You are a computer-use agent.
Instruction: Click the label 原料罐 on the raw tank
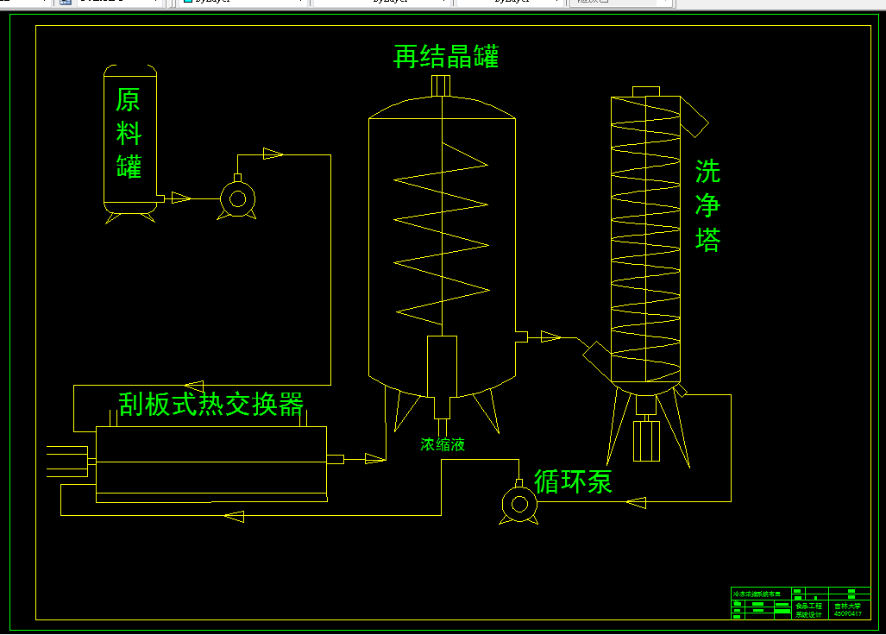(x=129, y=133)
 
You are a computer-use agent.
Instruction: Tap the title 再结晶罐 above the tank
(x=446, y=57)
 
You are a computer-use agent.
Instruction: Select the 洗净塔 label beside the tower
(x=707, y=205)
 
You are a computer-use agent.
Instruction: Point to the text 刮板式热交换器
(x=211, y=404)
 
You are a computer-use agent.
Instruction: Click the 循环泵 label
(x=573, y=481)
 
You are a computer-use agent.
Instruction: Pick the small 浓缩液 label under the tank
(x=443, y=445)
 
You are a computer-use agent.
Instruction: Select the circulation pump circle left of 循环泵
(x=519, y=504)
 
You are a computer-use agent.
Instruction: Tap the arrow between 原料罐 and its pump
(x=180, y=198)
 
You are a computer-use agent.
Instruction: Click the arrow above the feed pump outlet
(x=273, y=154)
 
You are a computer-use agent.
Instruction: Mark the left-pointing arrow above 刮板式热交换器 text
(x=194, y=386)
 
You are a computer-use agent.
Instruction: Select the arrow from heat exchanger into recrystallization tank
(x=374, y=458)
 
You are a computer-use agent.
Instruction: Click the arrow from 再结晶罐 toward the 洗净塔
(x=550, y=336)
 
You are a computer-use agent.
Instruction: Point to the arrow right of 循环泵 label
(x=637, y=502)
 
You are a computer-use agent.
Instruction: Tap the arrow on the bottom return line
(x=234, y=516)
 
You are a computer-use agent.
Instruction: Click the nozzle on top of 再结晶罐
(x=441, y=85)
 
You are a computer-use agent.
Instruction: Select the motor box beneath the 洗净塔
(x=646, y=440)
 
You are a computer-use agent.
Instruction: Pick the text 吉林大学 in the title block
(x=847, y=607)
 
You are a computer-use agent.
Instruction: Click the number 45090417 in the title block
(x=847, y=614)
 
